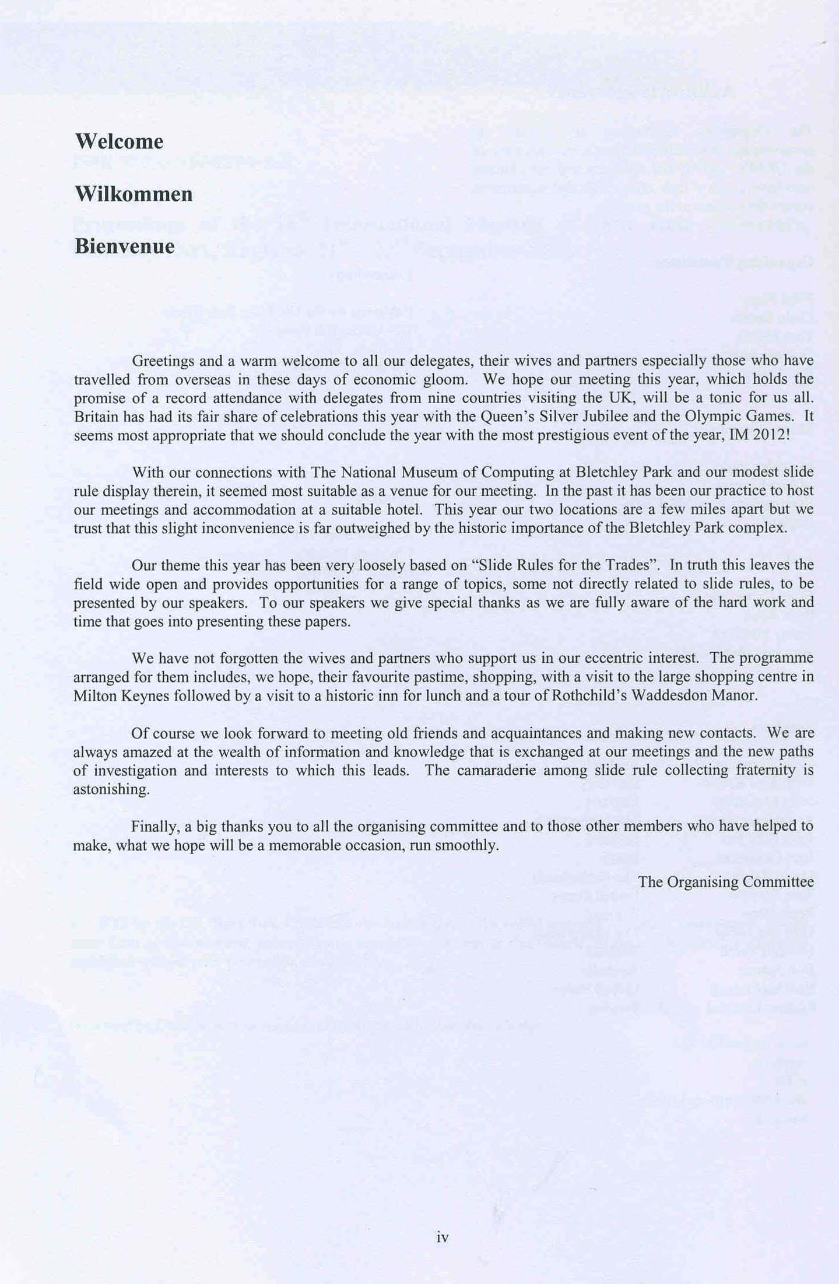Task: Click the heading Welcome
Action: point(119,142)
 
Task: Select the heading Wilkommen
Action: point(134,194)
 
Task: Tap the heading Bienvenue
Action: point(124,246)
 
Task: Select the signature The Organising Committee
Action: point(725,881)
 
